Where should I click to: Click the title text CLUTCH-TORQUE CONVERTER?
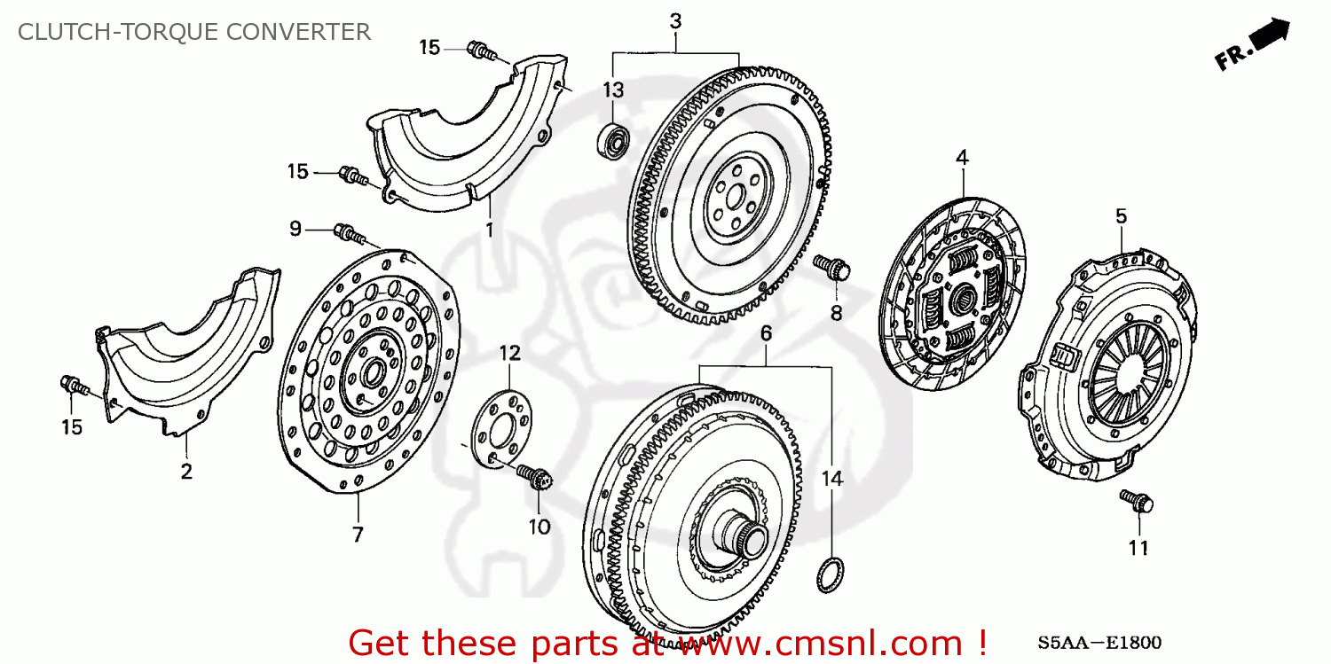(x=194, y=32)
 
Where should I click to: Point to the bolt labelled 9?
(x=349, y=234)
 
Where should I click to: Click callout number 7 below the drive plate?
(x=358, y=535)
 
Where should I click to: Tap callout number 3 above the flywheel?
(x=675, y=21)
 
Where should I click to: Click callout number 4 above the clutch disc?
(x=962, y=158)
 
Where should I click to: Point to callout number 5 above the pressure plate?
(x=1121, y=215)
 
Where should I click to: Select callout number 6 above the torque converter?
(x=766, y=333)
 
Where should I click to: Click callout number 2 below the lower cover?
(x=186, y=472)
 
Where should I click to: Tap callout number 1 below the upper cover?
(x=488, y=229)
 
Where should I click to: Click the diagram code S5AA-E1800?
(x=1099, y=643)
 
